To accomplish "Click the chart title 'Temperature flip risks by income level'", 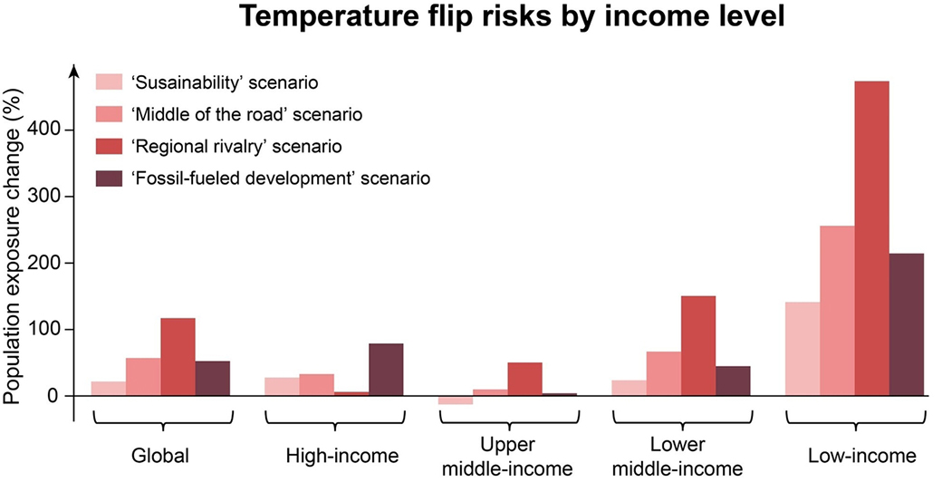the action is coord(513,16).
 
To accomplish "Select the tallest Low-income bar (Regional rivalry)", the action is coord(871,238).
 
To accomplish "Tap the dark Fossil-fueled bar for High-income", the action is coord(386,370).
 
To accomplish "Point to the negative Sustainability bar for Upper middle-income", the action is coord(456,400).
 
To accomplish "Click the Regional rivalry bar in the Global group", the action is coord(178,357).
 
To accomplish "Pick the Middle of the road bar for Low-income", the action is coord(837,311).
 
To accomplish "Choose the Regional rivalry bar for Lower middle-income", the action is coord(698,346).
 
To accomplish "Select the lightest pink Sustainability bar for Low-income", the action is coord(802,349).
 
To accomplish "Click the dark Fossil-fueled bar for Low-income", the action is coord(907,324).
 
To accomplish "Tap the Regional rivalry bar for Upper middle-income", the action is coord(525,380).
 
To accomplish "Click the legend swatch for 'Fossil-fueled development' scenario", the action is coord(109,178).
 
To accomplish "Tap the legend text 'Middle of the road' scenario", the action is coord(247,114).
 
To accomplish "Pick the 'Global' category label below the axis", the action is coord(160,456).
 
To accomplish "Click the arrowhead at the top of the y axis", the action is coord(74,70).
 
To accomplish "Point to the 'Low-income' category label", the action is coord(862,456).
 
